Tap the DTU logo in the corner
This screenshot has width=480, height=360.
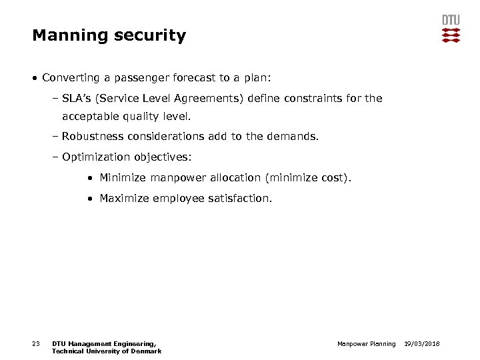(451, 29)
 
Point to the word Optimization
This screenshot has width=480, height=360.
(95, 157)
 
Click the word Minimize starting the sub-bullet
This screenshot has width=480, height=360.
(123, 178)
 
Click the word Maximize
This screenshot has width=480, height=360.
(125, 198)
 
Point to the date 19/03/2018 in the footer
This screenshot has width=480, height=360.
(422, 344)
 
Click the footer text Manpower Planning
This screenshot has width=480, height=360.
(366, 344)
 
